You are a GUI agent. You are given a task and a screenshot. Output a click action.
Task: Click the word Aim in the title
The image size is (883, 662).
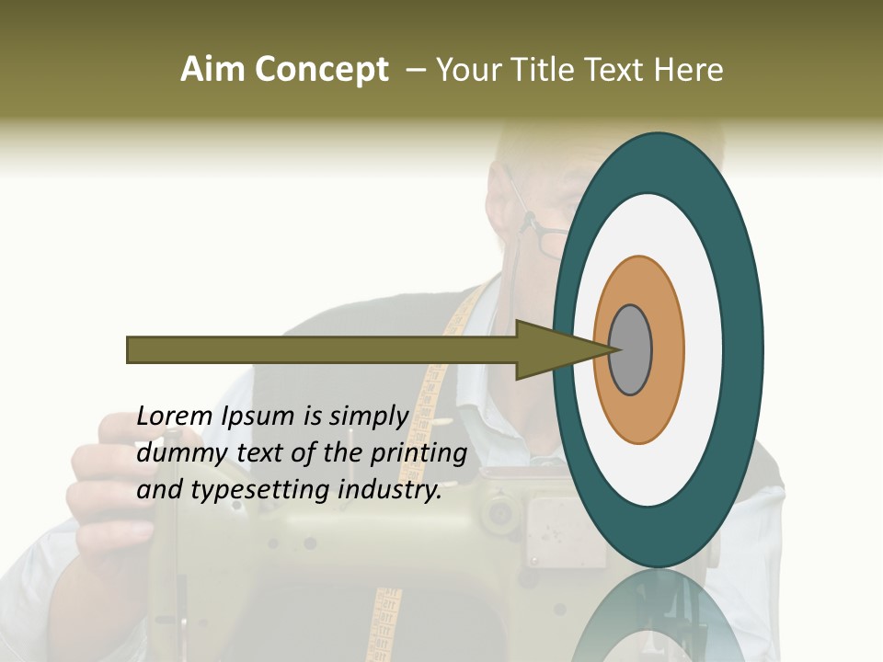[212, 70]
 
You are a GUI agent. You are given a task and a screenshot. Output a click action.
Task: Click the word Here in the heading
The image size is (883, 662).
[690, 70]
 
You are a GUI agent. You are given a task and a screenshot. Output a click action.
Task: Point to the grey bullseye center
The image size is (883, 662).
[630, 349]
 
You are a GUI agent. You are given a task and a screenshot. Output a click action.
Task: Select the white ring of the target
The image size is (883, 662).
[703, 349]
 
